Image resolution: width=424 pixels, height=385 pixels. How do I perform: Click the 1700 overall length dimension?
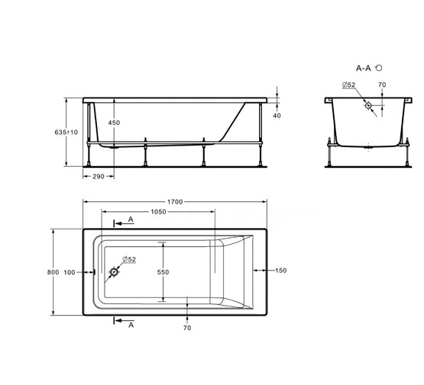tap(176, 201)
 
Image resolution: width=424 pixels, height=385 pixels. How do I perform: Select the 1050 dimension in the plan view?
tap(158, 212)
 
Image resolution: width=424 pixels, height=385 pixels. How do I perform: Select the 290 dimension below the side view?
tap(98, 176)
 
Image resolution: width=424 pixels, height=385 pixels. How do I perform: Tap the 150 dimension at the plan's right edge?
tap(280, 271)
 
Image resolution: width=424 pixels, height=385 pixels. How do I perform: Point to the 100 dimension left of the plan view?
tap(70, 271)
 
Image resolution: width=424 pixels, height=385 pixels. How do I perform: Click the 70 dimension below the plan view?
tap(187, 328)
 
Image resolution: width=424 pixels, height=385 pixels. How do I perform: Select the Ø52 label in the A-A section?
tap(348, 85)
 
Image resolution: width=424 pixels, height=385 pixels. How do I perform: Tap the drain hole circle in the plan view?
tap(115, 271)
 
